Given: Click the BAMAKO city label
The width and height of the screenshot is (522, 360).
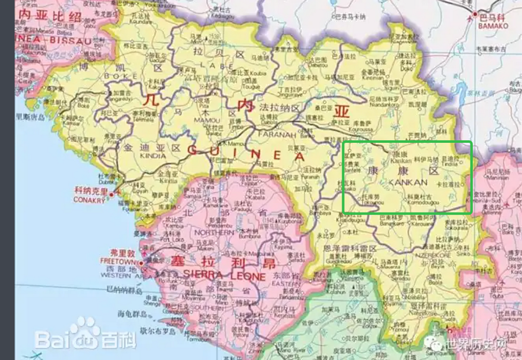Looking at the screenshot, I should (494, 25).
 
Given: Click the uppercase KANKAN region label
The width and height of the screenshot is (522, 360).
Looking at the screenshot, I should (408, 182).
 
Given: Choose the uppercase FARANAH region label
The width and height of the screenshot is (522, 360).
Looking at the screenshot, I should (277, 135).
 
